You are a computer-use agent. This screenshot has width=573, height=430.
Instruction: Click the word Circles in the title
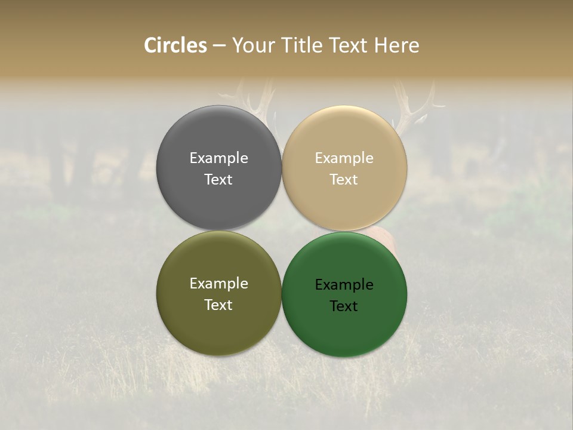(x=175, y=45)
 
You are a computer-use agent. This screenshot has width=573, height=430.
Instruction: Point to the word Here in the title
(x=396, y=45)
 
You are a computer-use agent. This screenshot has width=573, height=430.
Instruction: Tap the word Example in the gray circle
(x=218, y=158)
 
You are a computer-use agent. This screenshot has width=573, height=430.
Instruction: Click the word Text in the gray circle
(x=218, y=180)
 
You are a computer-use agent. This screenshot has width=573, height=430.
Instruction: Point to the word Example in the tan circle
(x=344, y=158)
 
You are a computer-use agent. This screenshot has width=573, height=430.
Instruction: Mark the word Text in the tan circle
(x=344, y=180)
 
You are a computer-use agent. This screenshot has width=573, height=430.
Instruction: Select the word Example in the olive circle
(x=218, y=284)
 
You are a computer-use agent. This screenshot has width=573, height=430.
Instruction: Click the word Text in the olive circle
(x=218, y=305)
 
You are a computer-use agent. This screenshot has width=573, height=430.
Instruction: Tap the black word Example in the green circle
(x=344, y=285)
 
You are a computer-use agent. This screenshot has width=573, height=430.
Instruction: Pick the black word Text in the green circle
(x=344, y=306)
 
